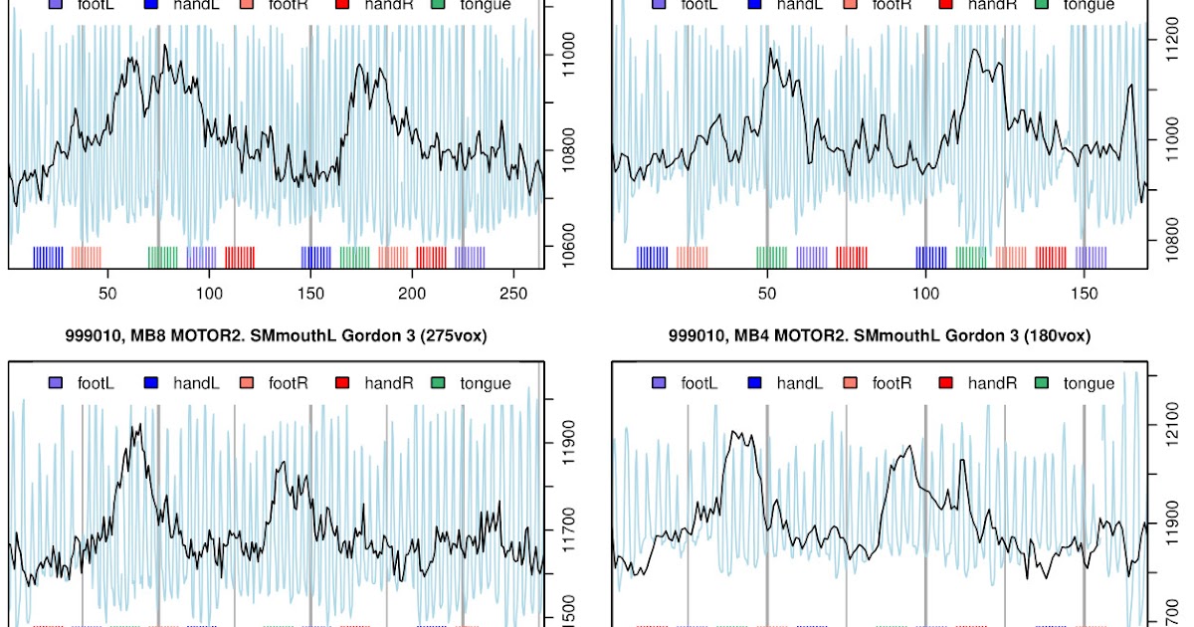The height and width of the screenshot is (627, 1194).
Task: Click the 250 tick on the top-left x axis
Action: [512, 294]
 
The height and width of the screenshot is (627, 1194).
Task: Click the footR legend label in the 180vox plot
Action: [891, 383]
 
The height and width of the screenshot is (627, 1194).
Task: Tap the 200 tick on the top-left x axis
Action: [411, 294]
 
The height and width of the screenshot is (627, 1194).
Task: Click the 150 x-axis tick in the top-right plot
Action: [1085, 294]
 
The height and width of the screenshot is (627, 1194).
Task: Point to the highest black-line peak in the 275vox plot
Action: [138, 425]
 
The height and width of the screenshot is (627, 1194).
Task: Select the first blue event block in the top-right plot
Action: [652, 257]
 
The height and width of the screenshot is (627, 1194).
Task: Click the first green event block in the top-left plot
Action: [162, 257]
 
